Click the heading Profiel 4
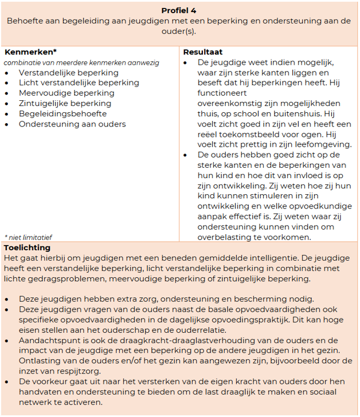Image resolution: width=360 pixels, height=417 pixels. coord(180,10)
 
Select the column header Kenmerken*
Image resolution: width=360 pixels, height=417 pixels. coord(30,52)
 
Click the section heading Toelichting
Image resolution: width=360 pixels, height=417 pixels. coord(26,247)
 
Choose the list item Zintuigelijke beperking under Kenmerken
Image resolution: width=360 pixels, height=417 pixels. coord(65,104)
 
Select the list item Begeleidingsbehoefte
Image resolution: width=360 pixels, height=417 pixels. coord(62,114)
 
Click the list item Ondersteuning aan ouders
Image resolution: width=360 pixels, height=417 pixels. coord(72,124)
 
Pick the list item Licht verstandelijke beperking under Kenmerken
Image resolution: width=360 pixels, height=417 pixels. coord(79,83)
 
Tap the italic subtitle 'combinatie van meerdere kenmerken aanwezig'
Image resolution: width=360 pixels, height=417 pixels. coord(81,62)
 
